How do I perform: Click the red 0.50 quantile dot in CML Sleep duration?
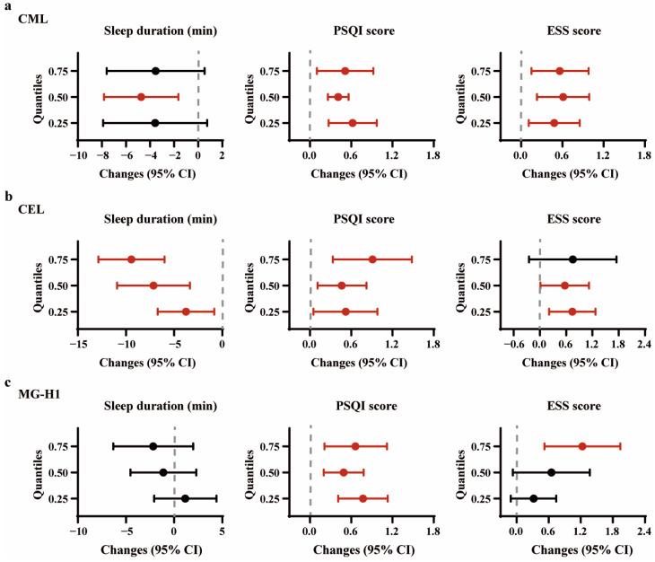pyautogui.click(x=141, y=97)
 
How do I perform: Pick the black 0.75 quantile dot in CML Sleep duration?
pyautogui.click(x=155, y=71)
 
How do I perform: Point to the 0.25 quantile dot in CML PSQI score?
pyautogui.click(x=353, y=123)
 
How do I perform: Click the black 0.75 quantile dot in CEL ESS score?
pyautogui.click(x=572, y=259)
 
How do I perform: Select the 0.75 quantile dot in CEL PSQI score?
pyautogui.click(x=372, y=259)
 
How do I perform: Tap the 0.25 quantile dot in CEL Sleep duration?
pyautogui.click(x=186, y=312)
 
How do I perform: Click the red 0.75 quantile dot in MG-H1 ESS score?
pyautogui.click(x=582, y=446)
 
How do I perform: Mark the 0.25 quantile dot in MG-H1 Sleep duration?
pyautogui.click(x=185, y=498)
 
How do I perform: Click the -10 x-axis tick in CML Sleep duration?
pyautogui.click(x=79, y=154)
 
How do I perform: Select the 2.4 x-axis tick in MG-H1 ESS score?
pyautogui.click(x=643, y=530)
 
